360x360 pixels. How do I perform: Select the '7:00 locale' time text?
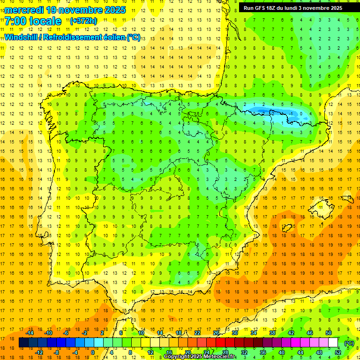(33, 21)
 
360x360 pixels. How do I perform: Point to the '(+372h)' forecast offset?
(83, 21)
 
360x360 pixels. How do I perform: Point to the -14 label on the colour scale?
(30, 333)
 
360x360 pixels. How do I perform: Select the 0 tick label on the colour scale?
(93, 352)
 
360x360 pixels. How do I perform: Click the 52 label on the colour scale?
(337, 352)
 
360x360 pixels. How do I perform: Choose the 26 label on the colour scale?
(216, 333)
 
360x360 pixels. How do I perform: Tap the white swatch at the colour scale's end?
(333, 343)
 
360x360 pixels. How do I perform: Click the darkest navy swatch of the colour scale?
(23, 343)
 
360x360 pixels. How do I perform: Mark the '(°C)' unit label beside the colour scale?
(349, 343)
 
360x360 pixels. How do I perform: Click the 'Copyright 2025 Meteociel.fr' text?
(200, 357)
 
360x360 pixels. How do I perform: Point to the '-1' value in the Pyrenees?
(292, 113)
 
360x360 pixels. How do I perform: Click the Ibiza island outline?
(287, 228)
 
